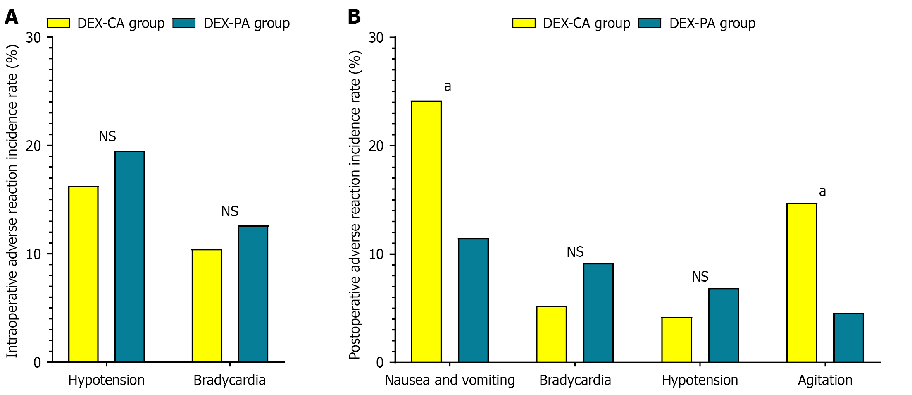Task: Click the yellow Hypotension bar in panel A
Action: point(83,274)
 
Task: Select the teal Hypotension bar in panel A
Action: point(130,256)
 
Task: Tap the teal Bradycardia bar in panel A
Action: point(253,294)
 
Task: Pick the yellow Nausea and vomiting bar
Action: point(426,232)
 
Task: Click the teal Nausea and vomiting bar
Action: point(473,300)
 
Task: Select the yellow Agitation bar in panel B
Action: point(802,283)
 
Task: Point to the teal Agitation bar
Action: point(848,338)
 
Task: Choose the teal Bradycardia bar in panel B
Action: point(598,313)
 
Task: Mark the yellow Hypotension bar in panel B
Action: point(676,340)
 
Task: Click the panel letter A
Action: point(12,17)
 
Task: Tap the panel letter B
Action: point(354,17)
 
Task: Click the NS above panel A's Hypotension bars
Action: point(107,136)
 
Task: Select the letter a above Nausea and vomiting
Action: point(448,86)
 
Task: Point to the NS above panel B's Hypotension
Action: point(700,277)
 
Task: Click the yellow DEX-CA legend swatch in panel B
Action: point(524,23)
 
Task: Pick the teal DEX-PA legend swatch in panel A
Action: point(184,23)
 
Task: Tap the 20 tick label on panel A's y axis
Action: point(33,146)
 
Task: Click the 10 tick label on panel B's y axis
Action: point(376,254)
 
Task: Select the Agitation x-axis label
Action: point(825,380)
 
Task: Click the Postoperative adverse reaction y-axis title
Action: point(355,205)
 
